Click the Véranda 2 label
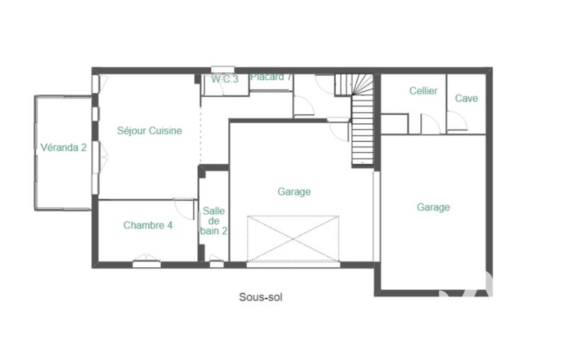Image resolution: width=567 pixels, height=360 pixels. point(64,147)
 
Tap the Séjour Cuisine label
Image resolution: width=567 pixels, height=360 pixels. point(150,130)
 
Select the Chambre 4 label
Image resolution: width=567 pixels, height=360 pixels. point(148,225)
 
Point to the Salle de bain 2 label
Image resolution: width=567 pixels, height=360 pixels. point(214,220)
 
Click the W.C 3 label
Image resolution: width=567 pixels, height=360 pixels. point(225,79)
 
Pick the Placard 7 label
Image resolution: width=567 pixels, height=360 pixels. point(271,77)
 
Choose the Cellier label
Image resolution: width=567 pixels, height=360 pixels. point(423,91)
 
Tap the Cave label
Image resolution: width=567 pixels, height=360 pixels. point(466,99)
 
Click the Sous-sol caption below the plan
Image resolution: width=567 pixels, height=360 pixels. point(260,298)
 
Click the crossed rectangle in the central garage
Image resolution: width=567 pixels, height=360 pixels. point(293,239)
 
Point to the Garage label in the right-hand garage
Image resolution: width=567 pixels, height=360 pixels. point(433,208)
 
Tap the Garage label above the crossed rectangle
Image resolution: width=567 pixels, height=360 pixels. point(294,191)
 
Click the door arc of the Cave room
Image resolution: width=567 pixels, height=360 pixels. point(457,122)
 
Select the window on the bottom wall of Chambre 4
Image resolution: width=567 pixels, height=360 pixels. point(146,263)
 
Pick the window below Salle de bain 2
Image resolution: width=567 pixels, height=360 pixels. point(216,264)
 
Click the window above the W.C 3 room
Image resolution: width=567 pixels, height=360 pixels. point(223,69)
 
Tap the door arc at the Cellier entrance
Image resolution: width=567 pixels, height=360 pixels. point(431,125)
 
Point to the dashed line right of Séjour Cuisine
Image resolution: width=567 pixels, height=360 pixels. point(201,135)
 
